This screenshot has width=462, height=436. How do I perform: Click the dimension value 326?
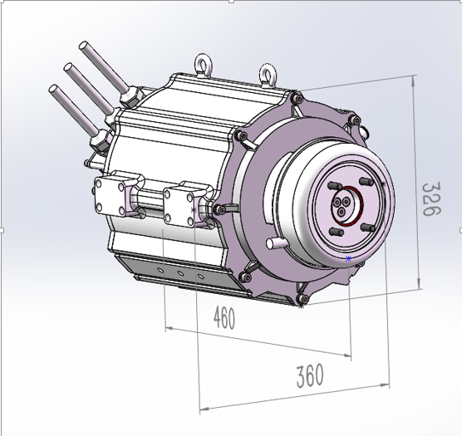click(429, 199)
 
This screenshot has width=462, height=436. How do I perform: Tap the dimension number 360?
click(309, 376)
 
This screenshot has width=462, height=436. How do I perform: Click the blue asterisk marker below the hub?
click(348, 259)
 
